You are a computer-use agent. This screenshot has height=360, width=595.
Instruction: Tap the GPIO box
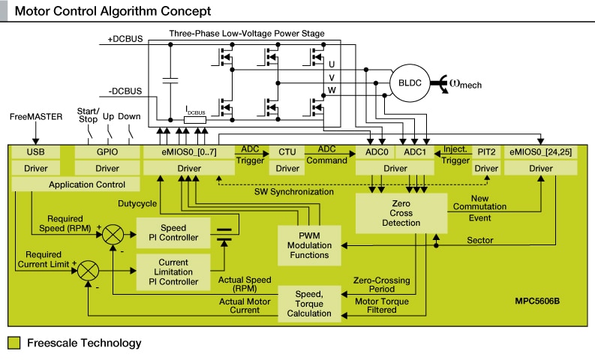(107, 152)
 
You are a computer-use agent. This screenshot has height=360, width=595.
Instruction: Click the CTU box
(287, 152)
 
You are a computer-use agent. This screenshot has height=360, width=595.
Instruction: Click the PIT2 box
(486, 152)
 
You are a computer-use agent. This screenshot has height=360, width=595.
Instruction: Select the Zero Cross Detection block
(401, 212)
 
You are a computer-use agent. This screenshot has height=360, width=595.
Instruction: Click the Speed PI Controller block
(168, 232)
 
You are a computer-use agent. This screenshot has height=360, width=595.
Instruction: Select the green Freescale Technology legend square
(14, 343)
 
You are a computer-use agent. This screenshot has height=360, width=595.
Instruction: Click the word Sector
(480, 241)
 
